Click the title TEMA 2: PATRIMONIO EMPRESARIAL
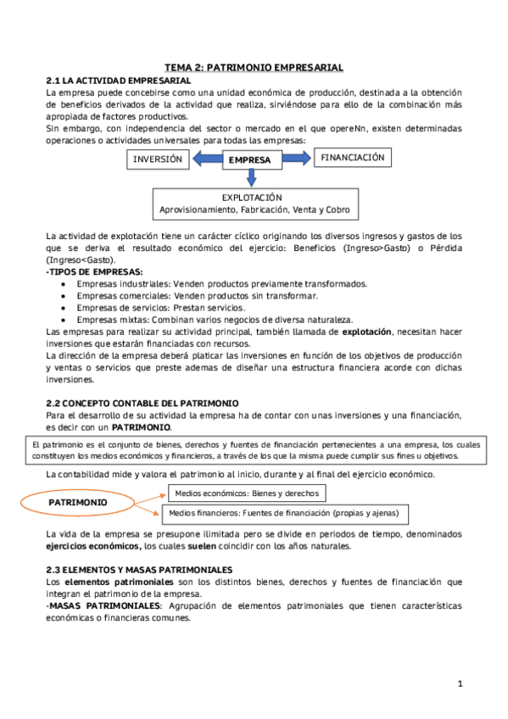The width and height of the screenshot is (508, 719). (254, 66)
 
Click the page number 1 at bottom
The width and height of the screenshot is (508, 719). (459, 683)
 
